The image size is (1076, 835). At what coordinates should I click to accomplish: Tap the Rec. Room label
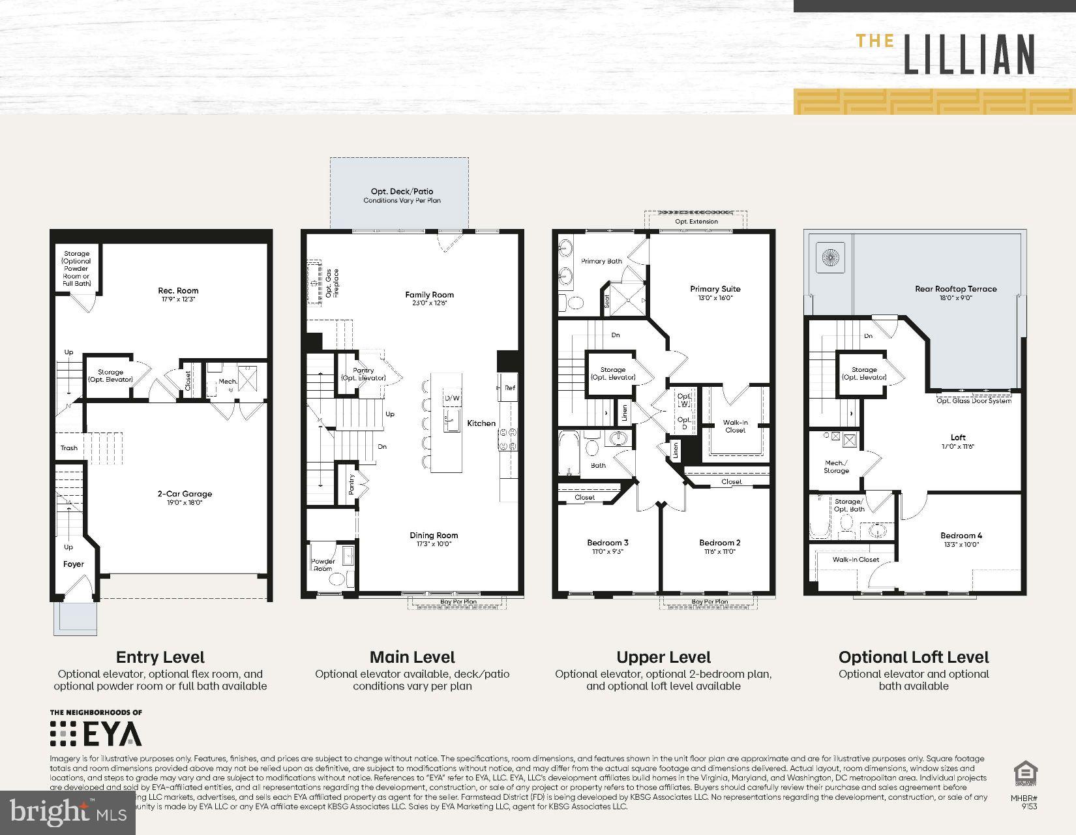(178, 290)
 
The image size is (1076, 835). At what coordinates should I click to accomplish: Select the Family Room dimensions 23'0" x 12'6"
(429, 303)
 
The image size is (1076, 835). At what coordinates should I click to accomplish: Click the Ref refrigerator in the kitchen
(509, 388)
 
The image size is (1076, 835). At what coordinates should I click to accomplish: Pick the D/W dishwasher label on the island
(452, 398)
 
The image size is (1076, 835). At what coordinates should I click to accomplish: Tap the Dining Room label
(434, 536)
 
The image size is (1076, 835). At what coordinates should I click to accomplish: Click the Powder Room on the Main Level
(323, 565)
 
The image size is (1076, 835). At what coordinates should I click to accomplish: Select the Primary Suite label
(715, 288)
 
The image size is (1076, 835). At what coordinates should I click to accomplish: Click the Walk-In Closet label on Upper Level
(735, 426)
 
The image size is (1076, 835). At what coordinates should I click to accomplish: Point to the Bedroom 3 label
(608, 543)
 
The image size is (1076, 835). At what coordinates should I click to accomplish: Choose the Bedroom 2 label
(720, 543)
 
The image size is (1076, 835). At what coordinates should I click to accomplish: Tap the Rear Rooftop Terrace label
(955, 288)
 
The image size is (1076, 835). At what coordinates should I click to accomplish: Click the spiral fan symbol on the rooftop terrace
(831, 257)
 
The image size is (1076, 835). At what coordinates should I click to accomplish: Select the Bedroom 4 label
(962, 536)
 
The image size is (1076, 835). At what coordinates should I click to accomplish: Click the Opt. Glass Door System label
(974, 401)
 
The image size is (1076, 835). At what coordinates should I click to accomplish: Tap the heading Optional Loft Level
(914, 657)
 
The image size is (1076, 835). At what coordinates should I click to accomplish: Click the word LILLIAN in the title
(969, 54)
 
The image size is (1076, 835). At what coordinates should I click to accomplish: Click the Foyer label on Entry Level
(74, 564)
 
